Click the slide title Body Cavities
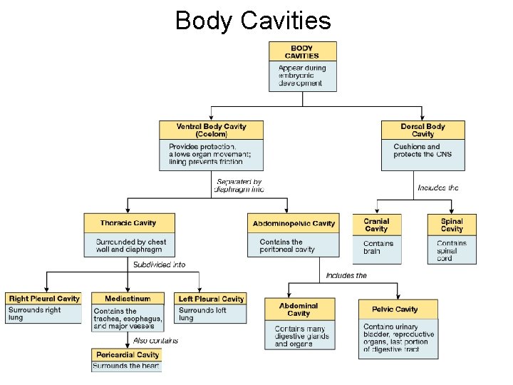click(253, 20)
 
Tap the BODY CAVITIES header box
click(302, 51)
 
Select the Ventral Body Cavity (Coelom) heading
click(212, 130)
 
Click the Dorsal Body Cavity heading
click(423, 130)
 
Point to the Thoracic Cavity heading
click(128, 223)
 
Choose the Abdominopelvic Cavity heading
click(294, 224)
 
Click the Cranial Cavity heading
click(376, 225)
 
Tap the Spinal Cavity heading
click(452, 225)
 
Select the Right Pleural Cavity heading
click(44, 299)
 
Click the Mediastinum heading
click(128, 299)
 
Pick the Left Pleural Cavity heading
click(211, 299)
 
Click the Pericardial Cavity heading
click(128, 354)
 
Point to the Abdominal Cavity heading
click(299, 309)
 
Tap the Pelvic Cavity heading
click(395, 309)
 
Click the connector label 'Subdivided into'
click(159, 265)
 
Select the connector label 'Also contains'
click(155, 341)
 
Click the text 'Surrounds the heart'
click(127, 366)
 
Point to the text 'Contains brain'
click(378, 247)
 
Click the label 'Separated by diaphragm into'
click(240, 186)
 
